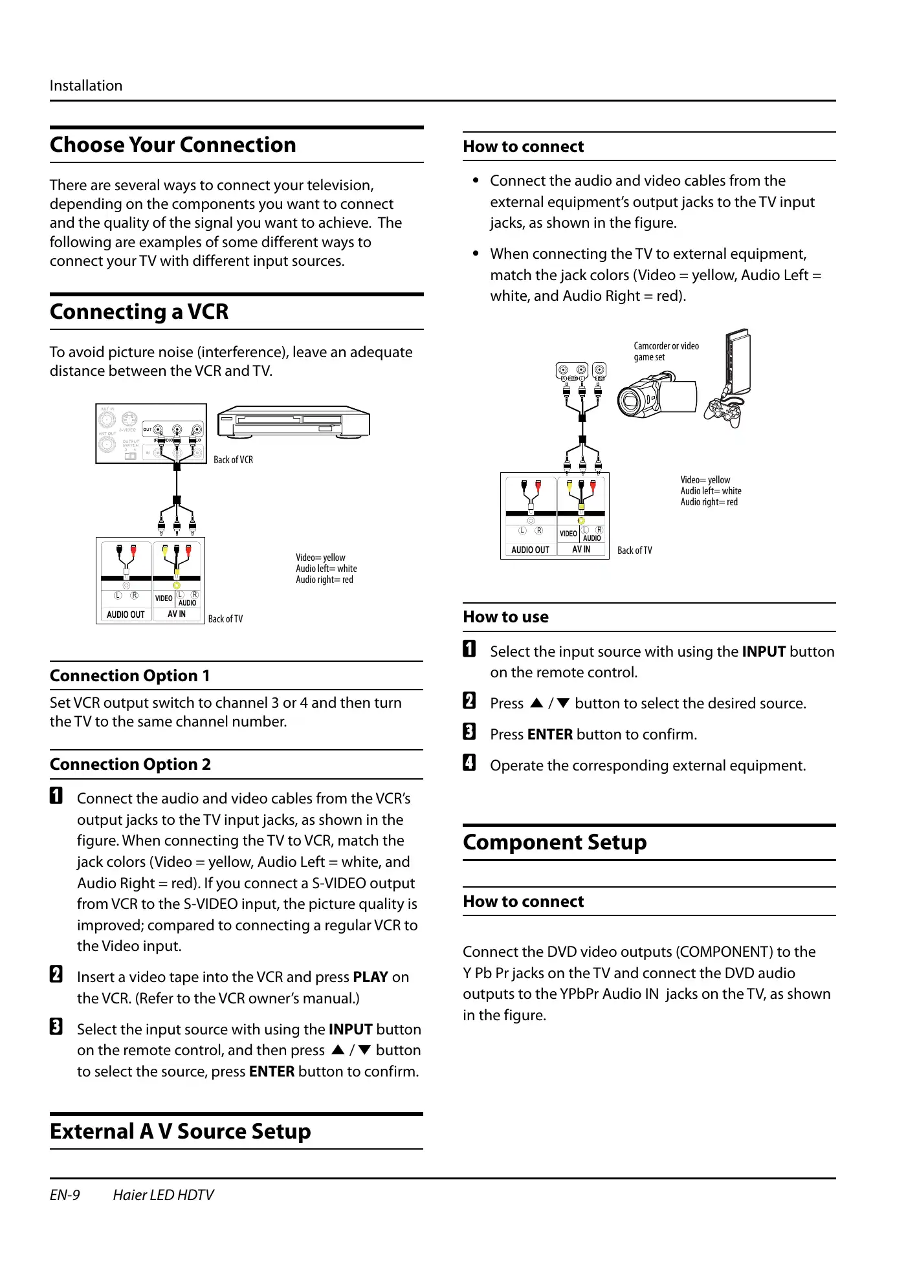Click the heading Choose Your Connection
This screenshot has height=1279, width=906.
pyautogui.click(x=173, y=145)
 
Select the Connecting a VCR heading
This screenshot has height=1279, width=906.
pyautogui.click(x=139, y=312)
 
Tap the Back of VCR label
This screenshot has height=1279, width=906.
pyautogui.click(x=233, y=460)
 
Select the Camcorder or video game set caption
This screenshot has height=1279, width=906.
pyautogui.click(x=666, y=351)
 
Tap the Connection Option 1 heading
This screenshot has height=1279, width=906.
pyautogui.click(x=129, y=676)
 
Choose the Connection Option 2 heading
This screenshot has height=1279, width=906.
pyautogui.click(x=130, y=765)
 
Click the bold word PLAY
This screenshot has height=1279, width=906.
pyautogui.click(x=370, y=978)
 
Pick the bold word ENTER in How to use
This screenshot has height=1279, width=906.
pyautogui.click(x=549, y=735)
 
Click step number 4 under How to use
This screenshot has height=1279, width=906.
pyautogui.click(x=469, y=763)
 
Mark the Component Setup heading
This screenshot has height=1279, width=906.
pyautogui.click(x=555, y=842)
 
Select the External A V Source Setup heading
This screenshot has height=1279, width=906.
pyautogui.click(x=180, y=1131)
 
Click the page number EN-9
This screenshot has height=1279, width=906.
pyautogui.click(x=65, y=1195)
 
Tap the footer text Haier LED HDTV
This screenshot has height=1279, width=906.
pyautogui.click(x=163, y=1195)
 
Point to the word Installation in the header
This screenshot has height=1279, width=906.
pyautogui.click(x=86, y=86)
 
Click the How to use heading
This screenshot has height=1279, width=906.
pyautogui.click(x=505, y=617)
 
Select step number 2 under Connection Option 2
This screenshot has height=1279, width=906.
pyautogui.click(x=56, y=975)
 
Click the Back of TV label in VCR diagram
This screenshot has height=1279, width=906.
pyautogui.click(x=225, y=619)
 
